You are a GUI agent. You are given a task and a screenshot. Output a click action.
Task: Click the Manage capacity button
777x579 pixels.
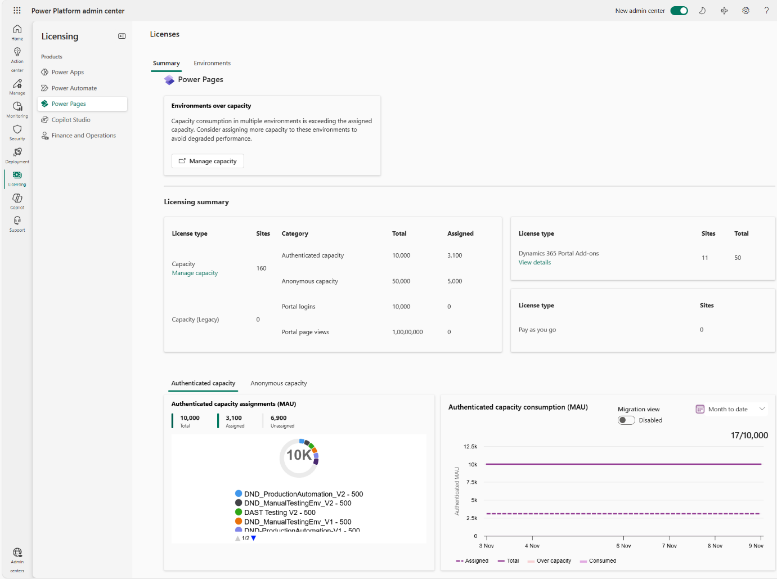pyautogui.click(x=208, y=161)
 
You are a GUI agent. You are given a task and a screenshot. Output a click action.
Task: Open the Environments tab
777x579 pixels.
pyautogui.click(x=212, y=63)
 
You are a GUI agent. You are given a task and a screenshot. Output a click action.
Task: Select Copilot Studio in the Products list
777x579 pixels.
pyautogui.click(x=71, y=120)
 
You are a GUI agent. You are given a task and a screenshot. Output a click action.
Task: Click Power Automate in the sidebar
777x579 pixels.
pyautogui.click(x=74, y=88)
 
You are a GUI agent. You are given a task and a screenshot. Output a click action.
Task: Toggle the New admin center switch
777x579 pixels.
pyautogui.click(x=679, y=11)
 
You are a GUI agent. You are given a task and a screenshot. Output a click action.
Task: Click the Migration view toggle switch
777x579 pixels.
pyautogui.click(x=626, y=420)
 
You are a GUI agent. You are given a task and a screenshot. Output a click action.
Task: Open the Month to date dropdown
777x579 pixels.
pyautogui.click(x=730, y=409)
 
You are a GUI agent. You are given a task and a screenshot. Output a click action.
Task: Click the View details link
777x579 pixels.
pyautogui.click(x=535, y=262)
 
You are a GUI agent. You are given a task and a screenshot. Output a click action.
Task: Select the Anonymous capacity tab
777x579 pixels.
pyautogui.click(x=279, y=383)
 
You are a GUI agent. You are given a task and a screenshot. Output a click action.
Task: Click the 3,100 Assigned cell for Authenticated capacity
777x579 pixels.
pyautogui.click(x=455, y=255)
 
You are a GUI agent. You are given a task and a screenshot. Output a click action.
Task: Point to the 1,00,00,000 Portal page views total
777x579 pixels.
pyautogui.click(x=407, y=332)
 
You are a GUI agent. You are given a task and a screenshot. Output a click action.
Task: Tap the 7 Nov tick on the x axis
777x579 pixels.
pyautogui.click(x=670, y=545)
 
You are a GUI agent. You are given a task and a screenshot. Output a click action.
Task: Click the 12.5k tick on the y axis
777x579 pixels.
pyautogui.click(x=470, y=447)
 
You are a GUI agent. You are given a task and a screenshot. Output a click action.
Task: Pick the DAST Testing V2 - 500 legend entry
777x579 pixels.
pyautogui.click(x=280, y=513)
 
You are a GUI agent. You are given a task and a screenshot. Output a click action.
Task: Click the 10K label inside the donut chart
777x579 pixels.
pyautogui.click(x=299, y=455)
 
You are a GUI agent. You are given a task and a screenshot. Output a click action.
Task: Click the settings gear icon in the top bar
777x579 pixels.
pyautogui.click(x=745, y=11)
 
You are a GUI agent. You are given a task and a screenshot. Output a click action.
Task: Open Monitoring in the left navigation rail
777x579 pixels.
pyautogui.click(x=17, y=109)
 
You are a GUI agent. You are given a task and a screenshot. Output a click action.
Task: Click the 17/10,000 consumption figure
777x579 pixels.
pyautogui.click(x=749, y=436)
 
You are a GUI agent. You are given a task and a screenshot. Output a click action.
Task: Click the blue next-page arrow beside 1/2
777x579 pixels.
pyautogui.click(x=254, y=538)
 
